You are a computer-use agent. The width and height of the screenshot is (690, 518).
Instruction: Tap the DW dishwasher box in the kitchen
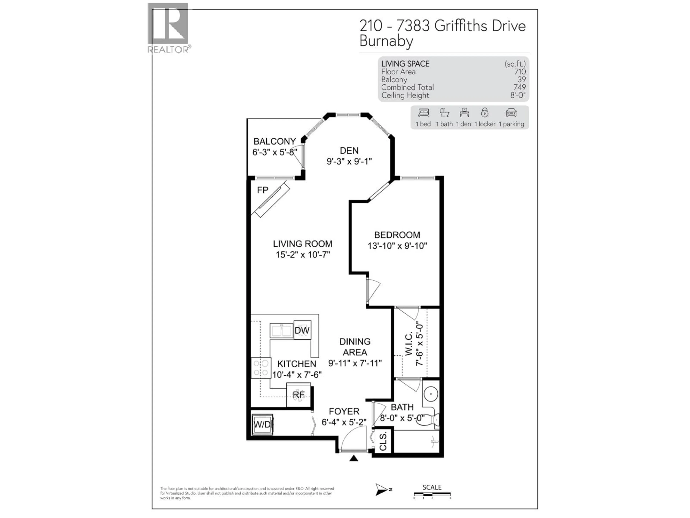(302, 330)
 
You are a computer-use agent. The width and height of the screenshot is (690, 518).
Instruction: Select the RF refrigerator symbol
(298, 395)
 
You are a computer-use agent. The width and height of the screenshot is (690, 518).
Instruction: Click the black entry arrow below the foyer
(353, 458)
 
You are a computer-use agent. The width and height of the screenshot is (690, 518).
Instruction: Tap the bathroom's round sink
(431, 394)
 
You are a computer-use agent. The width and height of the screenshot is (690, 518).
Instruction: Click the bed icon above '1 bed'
(423, 113)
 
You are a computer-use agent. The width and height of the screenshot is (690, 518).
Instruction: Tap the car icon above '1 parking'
(511, 113)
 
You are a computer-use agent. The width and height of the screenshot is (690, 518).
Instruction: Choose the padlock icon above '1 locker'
(484, 112)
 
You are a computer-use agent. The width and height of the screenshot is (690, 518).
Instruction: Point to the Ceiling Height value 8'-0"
(518, 95)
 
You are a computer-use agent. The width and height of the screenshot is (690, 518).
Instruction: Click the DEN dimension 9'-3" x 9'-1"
(349, 162)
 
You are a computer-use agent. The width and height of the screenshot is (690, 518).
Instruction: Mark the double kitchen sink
(281, 331)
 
